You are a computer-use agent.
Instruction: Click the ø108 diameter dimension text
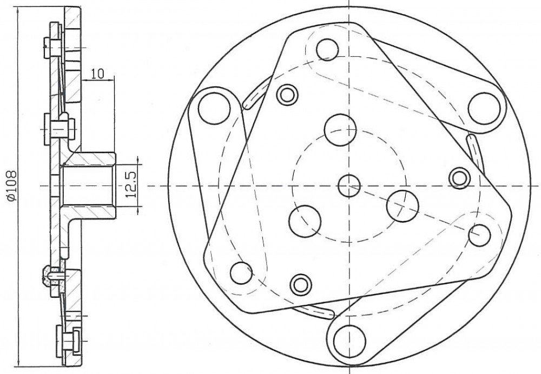click(11, 185)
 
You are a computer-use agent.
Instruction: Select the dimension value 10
click(98, 74)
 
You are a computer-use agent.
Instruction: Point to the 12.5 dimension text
click(131, 184)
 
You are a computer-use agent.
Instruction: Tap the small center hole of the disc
click(349, 186)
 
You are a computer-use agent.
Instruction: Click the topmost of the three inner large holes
click(340, 130)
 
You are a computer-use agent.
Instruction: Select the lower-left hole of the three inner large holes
click(305, 221)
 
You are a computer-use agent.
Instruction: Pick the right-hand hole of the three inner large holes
click(403, 206)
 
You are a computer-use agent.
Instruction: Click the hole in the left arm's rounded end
click(214, 108)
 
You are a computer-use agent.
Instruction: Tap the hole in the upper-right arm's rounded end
click(484, 109)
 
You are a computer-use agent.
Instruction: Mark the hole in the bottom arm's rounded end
click(350, 342)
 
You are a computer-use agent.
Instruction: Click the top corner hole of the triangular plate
click(327, 50)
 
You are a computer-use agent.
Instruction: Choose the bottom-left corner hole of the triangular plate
click(241, 273)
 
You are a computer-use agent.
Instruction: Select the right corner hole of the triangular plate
click(479, 235)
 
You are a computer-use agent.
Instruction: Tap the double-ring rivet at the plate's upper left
click(287, 95)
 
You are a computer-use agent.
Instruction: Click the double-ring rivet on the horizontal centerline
click(459, 178)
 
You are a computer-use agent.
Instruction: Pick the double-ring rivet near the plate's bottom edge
click(301, 285)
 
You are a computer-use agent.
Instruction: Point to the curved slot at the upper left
click(256, 93)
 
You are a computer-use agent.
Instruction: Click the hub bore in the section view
click(88, 185)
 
